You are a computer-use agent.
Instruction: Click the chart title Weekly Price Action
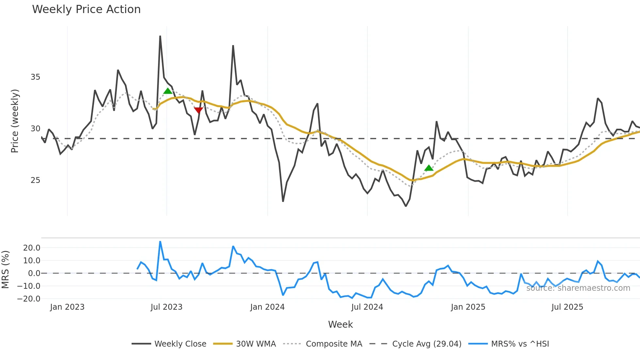[x=86, y=9]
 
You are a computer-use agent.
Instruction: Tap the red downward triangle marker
[x=199, y=110]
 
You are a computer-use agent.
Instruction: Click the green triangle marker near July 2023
[x=168, y=91]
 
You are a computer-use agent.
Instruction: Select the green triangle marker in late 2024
[x=429, y=168]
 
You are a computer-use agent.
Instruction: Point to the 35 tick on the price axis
[x=35, y=77]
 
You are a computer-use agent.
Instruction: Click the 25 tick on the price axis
[x=35, y=180]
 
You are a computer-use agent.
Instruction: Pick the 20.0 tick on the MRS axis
[x=32, y=248]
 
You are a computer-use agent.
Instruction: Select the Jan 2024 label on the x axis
[x=267, y=307]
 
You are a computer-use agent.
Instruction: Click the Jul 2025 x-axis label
[x=567, y=307]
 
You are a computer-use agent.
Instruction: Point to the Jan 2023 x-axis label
[x=67, y=307]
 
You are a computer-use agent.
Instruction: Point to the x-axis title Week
[x=340, y=324]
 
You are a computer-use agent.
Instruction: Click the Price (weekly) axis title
[x=15, y=121]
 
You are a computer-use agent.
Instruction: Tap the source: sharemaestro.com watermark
[x=578, y=288]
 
